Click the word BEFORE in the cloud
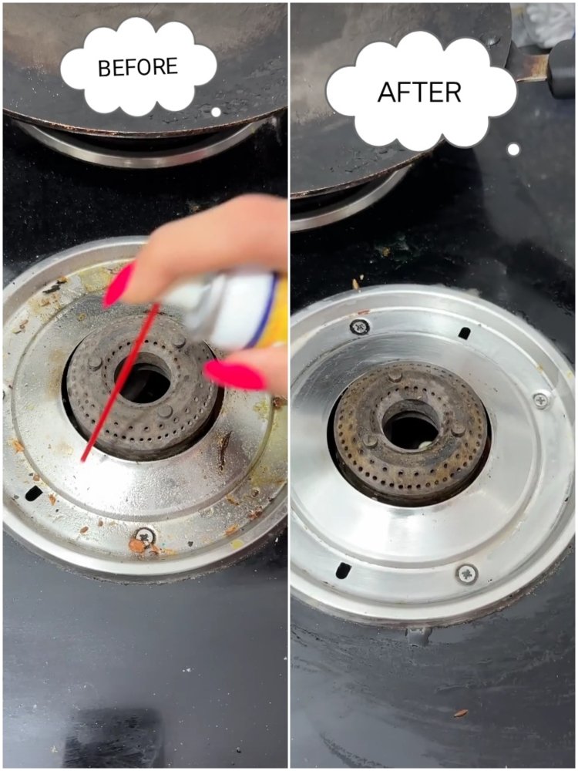(138, 67)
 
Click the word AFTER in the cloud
(419, 92)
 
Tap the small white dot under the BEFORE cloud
(216, 112)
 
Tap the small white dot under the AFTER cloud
(513, 149)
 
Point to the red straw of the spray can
(121, 382)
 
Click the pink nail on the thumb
(235, 375)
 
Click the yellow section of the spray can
(276, 313)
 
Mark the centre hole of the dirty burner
(143, 378)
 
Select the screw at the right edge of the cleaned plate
(541, 399)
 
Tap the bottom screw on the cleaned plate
(467, 574)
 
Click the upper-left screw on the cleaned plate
(359, 326)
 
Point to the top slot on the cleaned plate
(464, 333)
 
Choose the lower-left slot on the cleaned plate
(343, 571)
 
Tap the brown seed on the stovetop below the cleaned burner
(461, 713)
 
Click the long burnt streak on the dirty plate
(224, 451)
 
